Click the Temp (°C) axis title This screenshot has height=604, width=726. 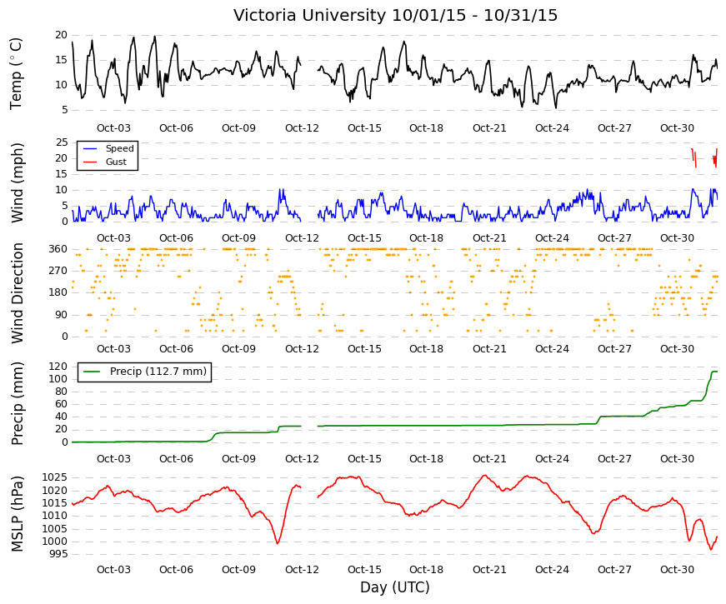click(16, 73)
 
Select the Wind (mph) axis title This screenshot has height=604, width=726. click(17, 182)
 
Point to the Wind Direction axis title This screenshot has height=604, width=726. click(17, 293)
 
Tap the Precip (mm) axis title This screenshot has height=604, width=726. click(17, 403)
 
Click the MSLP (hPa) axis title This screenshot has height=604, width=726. click(17, 514)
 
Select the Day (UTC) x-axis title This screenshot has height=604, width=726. click(395, 587)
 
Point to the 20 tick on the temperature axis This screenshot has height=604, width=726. click(61, 35)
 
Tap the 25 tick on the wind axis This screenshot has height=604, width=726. click(62, 142)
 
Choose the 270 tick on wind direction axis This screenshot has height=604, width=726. click(58, 271)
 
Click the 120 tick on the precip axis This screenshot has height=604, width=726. click(58, 367)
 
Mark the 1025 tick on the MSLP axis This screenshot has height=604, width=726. click(55, 477)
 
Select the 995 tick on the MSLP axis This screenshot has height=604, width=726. click(58, 554)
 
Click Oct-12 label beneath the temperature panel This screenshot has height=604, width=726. click(302, 128)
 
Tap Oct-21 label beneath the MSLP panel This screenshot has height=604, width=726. click(489, 570)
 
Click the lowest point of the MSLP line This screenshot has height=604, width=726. click(711, 550)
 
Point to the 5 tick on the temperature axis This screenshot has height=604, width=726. click(64, 110)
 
